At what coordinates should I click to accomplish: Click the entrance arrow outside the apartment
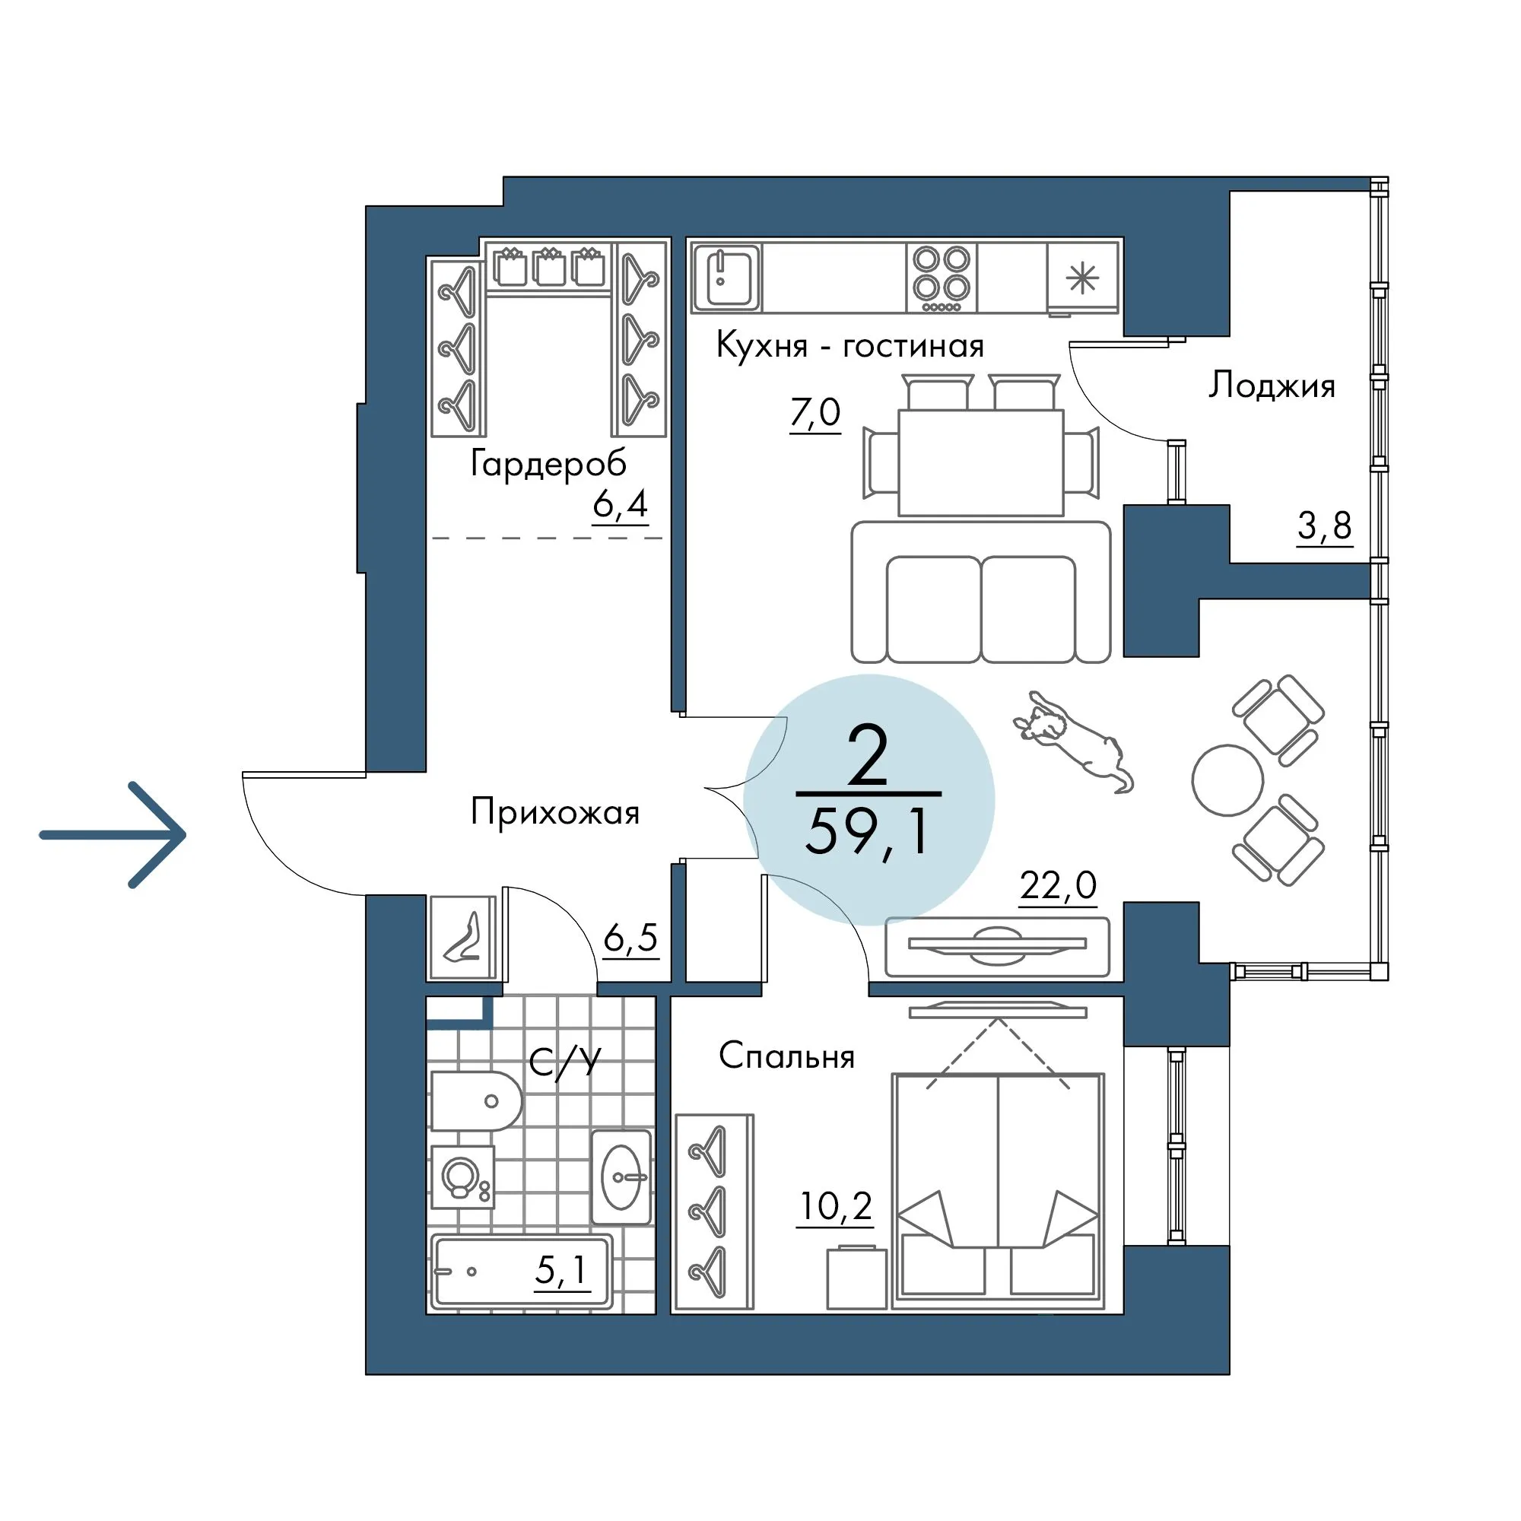[x=114, y=834]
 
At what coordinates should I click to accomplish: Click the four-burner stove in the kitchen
[x=941, y=277]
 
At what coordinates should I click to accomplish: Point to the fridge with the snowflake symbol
[x=1081, y=277]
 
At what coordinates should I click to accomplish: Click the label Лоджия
[x=1272, y=386]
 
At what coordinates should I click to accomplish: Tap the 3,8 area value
[x=1324, y=525]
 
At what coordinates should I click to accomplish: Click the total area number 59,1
[x=868, y=831]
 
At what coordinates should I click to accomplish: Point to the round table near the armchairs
[x=1227, y=780]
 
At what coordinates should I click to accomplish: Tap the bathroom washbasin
[x=621, y=1177]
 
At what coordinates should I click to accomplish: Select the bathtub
[x=521, y=1271]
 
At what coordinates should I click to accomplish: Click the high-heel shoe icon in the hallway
[x=463, y=938]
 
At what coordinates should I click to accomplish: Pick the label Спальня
[x=786, y=1056]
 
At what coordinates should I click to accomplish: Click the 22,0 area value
[x=1057, y=886]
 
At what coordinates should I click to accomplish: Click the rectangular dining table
[x=981, y=462]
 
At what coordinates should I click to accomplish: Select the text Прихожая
[x=555, y=811]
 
